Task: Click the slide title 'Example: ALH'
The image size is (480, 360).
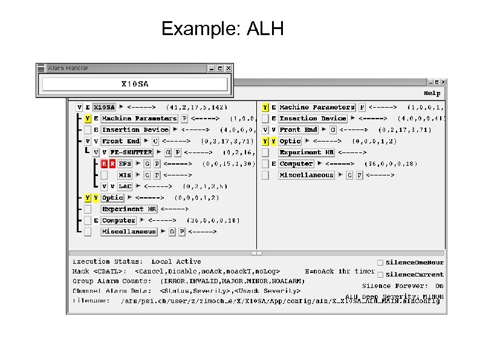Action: [222, 29]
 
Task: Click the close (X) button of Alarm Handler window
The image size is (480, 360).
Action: [228, 68]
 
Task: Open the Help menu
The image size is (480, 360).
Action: [432, 93]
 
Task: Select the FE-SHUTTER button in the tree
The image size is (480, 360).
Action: [131, 152]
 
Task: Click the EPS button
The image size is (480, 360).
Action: [125, 164]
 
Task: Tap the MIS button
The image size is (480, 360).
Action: [125, 175]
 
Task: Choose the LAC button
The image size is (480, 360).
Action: [125, 186]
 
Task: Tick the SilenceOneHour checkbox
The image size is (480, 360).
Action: [380, 263]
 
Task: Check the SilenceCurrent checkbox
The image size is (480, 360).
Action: [380, 275]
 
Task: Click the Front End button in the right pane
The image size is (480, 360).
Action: [298, 130]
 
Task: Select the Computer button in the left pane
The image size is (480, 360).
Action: [118, 220]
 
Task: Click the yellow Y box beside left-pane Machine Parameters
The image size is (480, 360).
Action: [88, 119]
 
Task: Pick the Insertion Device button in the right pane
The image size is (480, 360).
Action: [313, 119]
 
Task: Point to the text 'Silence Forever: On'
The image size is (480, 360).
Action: [403, 286]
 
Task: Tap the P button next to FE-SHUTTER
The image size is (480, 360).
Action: [177, 152]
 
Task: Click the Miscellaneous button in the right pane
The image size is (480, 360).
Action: [306, 175]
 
